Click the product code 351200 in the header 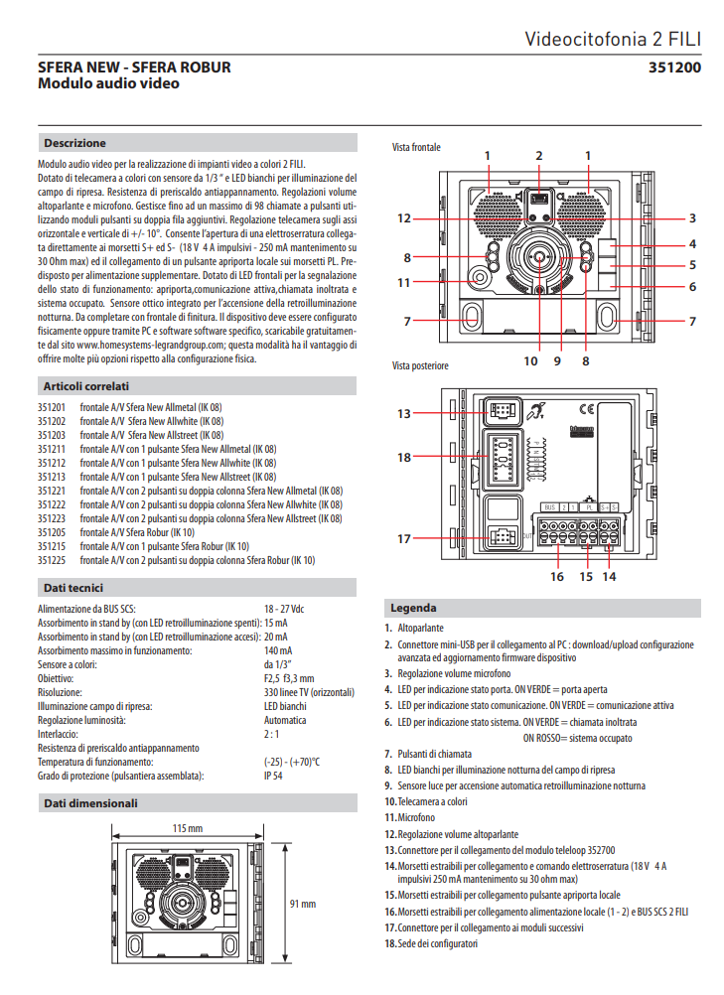point(674,68)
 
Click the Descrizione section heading point(74,143)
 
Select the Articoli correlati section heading point(85,385)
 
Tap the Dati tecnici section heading point(73,588)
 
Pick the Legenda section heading point(413,607)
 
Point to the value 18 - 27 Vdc point(284,609)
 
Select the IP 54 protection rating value point(273,776)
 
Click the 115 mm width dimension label point(188,827)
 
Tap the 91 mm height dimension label point(302,904)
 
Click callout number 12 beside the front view point(403,218)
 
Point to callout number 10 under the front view point(530,361)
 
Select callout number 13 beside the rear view point(403,412)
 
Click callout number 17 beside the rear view point(403,539)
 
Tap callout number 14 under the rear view point(609,576)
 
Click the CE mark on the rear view point(587,407)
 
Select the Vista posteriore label point(420,365)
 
